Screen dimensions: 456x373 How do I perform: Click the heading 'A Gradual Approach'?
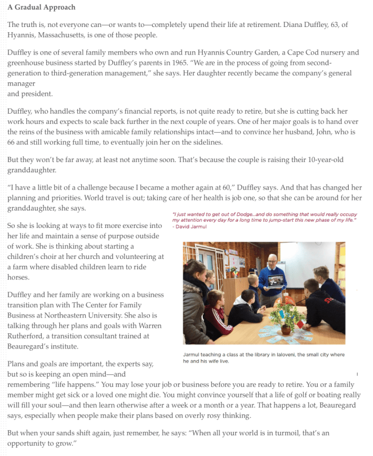click(x=41, y=7)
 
